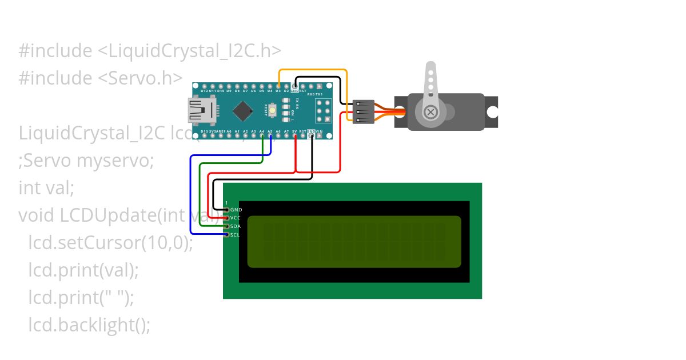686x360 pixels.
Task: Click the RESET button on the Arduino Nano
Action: click(274, 110)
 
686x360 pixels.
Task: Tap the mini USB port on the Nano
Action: click(201, 110)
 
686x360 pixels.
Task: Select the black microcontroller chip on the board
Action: click(244, 110)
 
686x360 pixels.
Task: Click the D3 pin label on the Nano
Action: click(278, 90)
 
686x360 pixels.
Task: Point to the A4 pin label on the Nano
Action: click(262, 131)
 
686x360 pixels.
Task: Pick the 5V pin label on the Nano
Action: click(294, 131)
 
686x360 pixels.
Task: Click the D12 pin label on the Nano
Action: click(204, 90)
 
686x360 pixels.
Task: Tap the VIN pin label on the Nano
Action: click(320, 131)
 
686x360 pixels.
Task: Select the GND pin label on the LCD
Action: click(236, 210)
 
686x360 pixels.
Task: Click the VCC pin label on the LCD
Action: click(236, 218)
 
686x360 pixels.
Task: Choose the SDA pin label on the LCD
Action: click(236, 226)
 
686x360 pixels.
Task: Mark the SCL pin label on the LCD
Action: click(236, 235)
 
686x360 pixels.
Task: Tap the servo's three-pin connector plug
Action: click(364, 111)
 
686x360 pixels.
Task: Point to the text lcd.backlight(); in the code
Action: click(89, 325)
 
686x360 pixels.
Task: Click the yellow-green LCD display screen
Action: click(354, 242)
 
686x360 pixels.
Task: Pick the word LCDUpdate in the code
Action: click(101, 215)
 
